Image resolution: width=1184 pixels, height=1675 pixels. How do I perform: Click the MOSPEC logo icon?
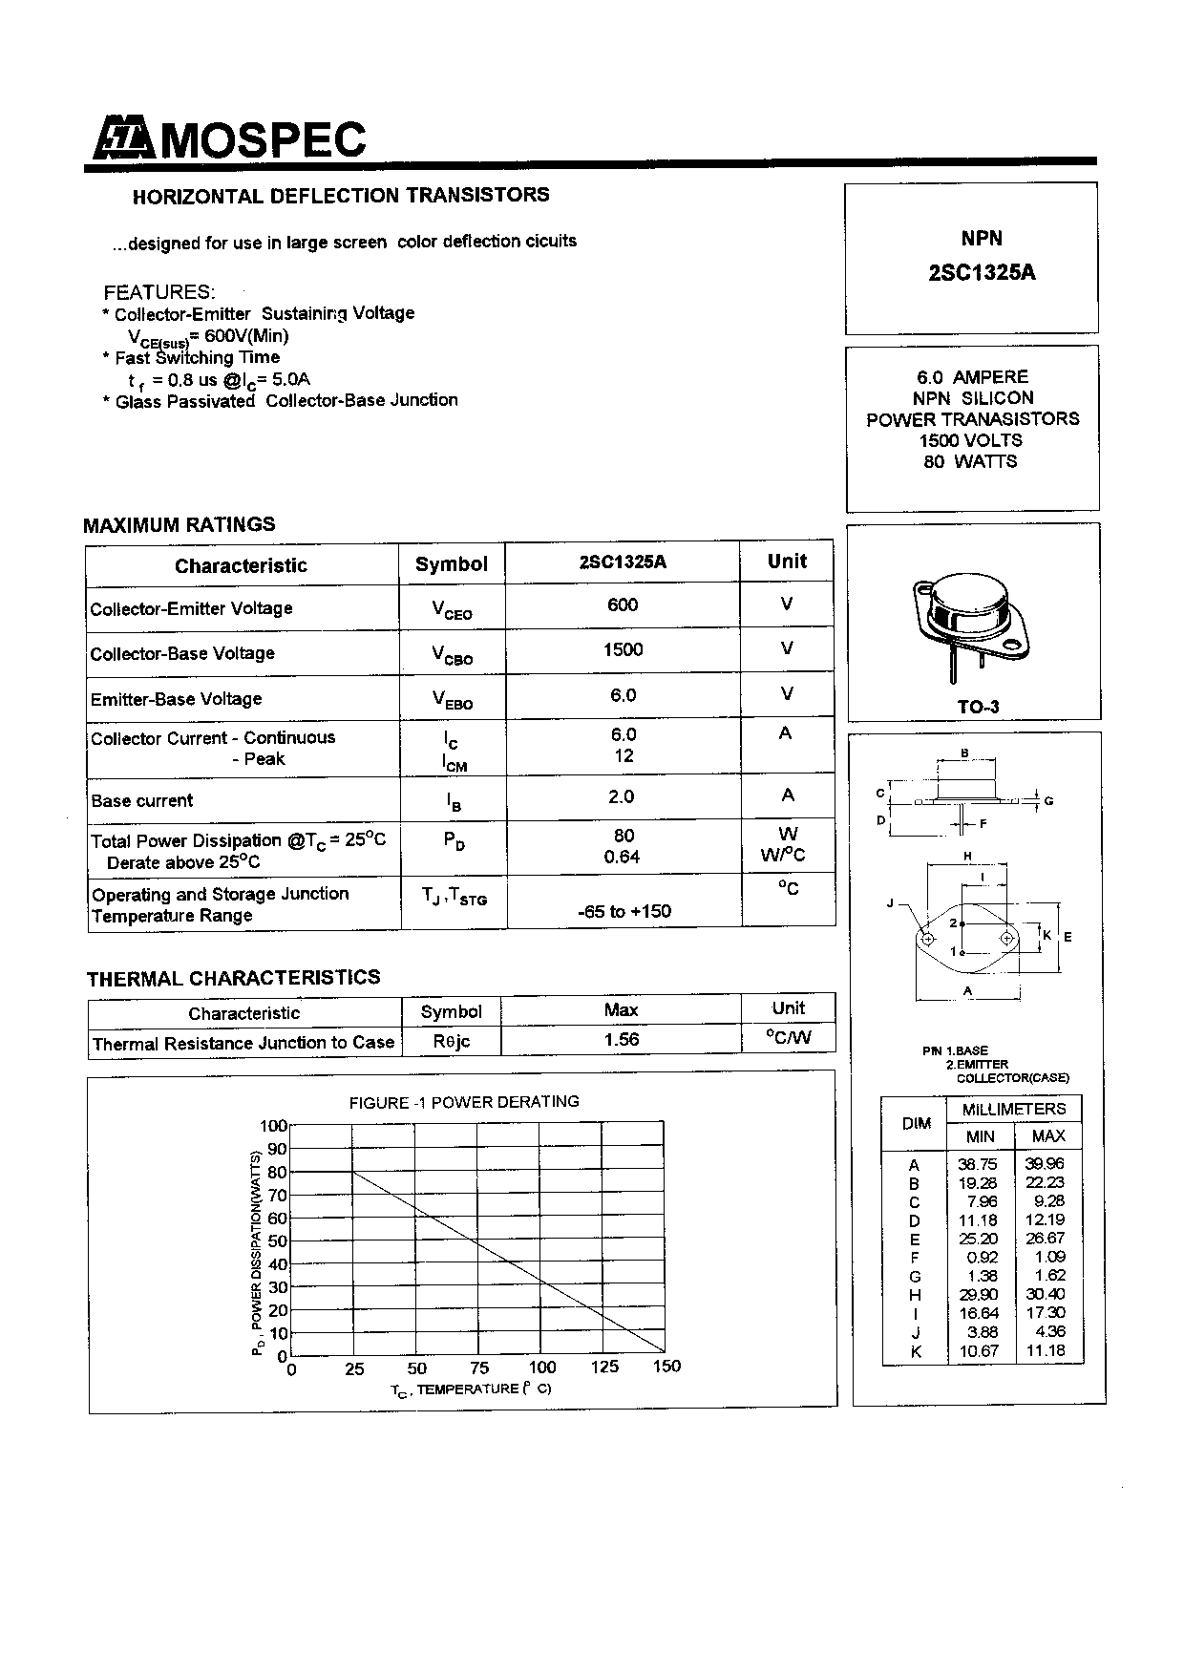click(x=123, y=139)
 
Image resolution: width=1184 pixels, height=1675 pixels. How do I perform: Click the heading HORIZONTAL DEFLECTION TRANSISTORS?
click(x=341, y=196)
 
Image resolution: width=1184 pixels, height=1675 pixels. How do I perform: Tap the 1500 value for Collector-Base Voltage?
click(x=623, y=650)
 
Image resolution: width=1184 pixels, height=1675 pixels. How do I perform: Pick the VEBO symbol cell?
click(x=452, y=700)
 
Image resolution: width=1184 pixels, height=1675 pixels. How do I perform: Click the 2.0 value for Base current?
click(x=622, y=796)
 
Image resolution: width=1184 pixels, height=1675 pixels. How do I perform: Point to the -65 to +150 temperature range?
click(x=624, y=911)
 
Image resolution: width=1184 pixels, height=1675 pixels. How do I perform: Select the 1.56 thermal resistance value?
click(x=622, y=1039)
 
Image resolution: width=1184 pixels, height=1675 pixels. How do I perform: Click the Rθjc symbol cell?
click(x=452, y=1041)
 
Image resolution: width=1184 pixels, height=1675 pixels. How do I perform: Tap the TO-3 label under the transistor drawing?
click(x=979, y=707)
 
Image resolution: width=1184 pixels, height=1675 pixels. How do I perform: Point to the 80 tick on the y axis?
click(x=276, y=1172)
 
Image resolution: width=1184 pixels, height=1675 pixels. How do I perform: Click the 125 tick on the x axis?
click(x=604, y=1367)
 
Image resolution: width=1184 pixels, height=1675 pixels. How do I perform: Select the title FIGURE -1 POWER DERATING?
click(x=464, y=1102)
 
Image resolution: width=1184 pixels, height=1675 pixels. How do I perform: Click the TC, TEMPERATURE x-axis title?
click(x=471, y=1389)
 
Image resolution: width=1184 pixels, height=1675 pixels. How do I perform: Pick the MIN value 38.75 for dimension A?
click(x=977, y=1164)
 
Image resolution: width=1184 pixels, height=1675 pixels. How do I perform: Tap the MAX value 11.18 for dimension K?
click(x=1046, y=1350)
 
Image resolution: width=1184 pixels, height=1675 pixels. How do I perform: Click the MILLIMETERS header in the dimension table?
click(x=1014, y=1109)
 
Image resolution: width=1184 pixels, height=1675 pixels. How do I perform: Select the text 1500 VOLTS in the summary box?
click(x=971, y=440)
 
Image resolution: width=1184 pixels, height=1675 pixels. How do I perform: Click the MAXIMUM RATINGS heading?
click(x=180, y=524)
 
